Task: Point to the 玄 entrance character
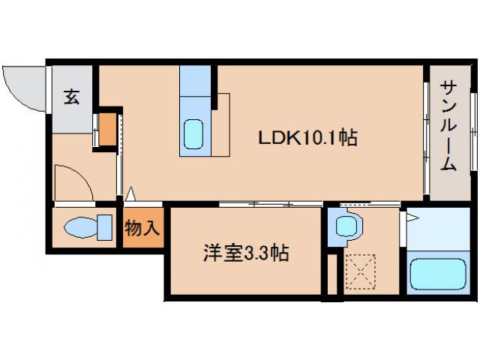(70, 97)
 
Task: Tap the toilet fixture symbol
(82, 226)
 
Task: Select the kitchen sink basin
(194, 134)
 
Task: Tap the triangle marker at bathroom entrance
(411, 217)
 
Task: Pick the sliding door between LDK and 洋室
(270, 204)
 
